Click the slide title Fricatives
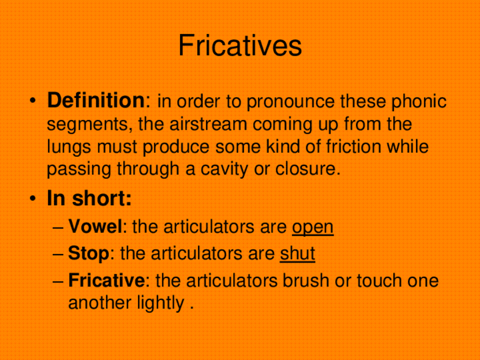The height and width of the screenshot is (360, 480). pos(240,46)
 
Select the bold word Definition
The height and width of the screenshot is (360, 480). pos(96,101)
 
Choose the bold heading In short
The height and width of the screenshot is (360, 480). pos(89,199)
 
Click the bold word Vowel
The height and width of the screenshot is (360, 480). pos(95,227)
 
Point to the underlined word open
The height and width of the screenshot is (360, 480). pos(312,228)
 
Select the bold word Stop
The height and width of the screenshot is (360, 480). pos(88,254)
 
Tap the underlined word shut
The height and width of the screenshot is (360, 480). pos(297,254)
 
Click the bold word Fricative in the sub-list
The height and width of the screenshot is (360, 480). pos(106,280)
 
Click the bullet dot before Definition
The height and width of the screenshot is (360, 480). pos(35,102)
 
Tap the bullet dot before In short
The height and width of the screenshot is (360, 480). pos(35,200)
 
